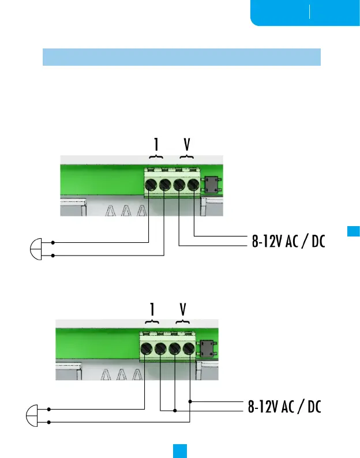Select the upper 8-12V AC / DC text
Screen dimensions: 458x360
288,241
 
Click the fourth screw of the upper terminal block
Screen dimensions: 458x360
193,185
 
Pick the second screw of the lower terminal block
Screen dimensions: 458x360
160,349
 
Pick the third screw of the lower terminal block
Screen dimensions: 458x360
174,349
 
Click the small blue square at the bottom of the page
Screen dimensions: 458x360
180,449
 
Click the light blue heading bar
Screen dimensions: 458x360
181,57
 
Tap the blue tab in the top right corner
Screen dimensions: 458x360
305,13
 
